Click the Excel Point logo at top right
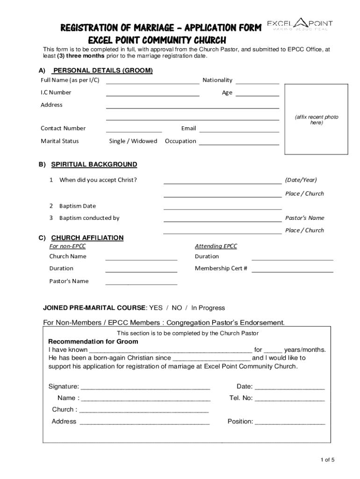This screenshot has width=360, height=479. pyautogui.click(x=300, y=25)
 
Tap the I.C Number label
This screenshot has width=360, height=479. pyautogui.click(x=56, y=93)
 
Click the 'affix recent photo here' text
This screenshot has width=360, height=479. pyautogui.click(x=317, y=120)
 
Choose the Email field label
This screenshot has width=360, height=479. pyautogui.click(x=188, y=128)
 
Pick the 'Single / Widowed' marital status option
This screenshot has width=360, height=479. pyautogui.click(x=133, y=141)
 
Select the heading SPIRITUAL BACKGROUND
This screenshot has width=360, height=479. pyautogui.click(x=94, y=165)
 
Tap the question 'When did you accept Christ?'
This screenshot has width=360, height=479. pyautogui.click(x=98, y=180)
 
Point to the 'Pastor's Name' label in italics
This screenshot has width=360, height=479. pyautogui.click(x=304, y=218)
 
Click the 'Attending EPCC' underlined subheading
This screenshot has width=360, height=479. pyautogui.click(x=216, y=246)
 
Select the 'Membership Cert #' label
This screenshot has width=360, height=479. pyautogui.click(x=221, y=269)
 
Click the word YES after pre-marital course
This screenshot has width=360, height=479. pyautogui.click(x=156, y=308)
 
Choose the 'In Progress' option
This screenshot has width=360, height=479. pyautogui.click(x=208, y=308)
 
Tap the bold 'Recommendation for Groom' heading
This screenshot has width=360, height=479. pyautogui.click(x=94, y=341)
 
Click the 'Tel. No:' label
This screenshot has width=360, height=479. pyautogui.click(x=241, y=398)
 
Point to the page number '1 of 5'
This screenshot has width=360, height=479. pyautogui.click(x=327, y=459)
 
